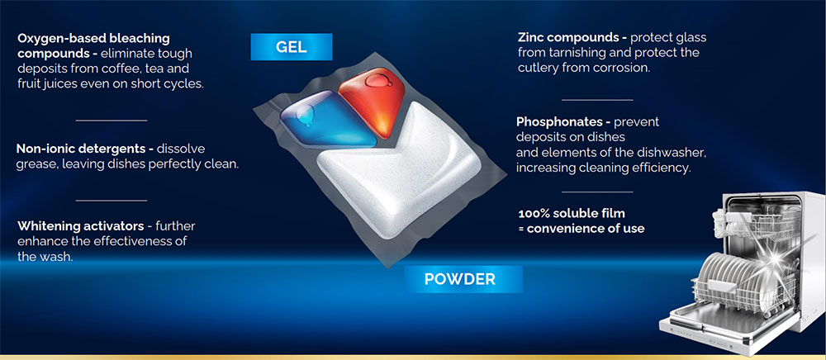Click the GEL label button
[292, 47]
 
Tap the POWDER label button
[460, 279]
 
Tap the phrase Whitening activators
[81, 226]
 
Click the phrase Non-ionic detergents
[83, 149]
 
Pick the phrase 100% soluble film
[572, 214]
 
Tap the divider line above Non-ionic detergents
[112, 121]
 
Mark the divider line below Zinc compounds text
[597, 99]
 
